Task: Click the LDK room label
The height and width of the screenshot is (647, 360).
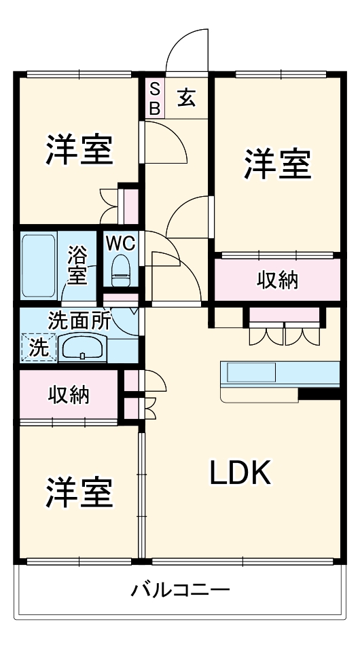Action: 240,473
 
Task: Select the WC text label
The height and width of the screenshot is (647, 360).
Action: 120,244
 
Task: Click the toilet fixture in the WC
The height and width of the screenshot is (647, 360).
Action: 120,270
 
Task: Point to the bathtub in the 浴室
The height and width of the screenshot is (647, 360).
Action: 39,265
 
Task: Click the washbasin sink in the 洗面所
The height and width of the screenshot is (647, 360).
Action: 83,348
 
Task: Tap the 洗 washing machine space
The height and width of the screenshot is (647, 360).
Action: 39,348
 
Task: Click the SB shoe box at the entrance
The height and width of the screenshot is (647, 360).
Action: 154,98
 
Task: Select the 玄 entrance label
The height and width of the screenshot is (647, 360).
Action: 187,98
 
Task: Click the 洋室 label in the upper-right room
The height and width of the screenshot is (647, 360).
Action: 278,164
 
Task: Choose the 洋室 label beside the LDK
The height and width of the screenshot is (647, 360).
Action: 79,493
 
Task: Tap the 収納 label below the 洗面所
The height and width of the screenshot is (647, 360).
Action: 69,395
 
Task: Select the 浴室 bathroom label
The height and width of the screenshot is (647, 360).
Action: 77,265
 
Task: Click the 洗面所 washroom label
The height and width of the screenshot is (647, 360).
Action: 79,320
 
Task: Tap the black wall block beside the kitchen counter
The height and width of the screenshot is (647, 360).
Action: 319,394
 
